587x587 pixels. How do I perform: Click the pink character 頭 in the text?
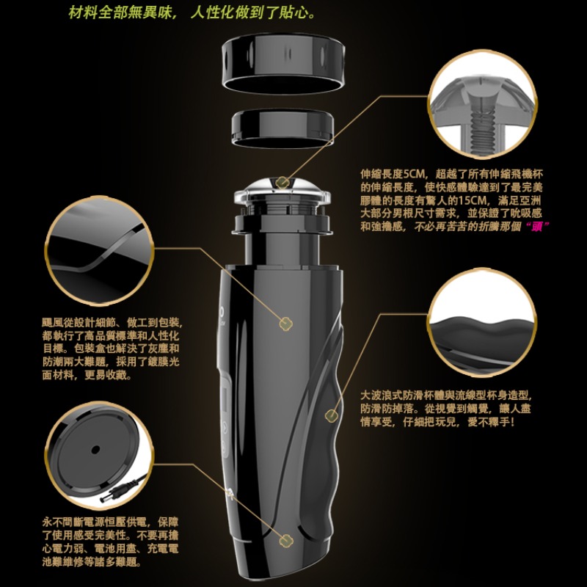[537, 227]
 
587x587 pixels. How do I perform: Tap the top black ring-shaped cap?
[283, 62]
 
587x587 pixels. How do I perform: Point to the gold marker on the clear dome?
[283, 182]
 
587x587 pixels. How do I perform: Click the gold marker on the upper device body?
[285, 324]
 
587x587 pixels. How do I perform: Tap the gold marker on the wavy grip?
[331, 415]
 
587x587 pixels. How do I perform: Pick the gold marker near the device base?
[286, 540]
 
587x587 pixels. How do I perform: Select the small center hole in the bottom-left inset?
[95, 449]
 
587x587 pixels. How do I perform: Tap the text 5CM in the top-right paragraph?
[414, 174]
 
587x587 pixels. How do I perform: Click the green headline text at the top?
[192, 13]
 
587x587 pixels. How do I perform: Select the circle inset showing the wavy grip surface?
[483, 322]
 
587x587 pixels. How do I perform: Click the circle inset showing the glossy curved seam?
[100, 250]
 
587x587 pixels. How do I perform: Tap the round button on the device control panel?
[225, 426]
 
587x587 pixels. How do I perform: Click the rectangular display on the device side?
[225, 399]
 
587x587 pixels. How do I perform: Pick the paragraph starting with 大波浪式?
[446, 409]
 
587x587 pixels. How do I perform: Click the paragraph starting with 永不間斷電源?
[111, 542]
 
